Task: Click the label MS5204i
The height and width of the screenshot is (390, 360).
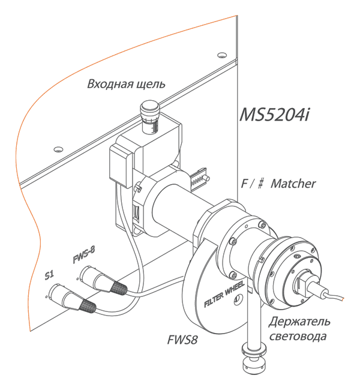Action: [x=275, y=113]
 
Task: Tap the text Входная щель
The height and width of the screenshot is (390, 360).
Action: [x=127, y=83]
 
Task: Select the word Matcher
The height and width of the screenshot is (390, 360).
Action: [x=293, y=184]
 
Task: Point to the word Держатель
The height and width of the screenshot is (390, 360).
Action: [x=298, y=321]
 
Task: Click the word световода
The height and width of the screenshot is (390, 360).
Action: [x=298, y=336]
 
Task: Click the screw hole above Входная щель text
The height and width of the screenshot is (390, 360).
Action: [x=222, y=53]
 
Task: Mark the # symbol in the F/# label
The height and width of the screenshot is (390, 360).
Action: [x=262, y=184]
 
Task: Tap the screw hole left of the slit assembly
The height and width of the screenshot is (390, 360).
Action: [x=58, y=148]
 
